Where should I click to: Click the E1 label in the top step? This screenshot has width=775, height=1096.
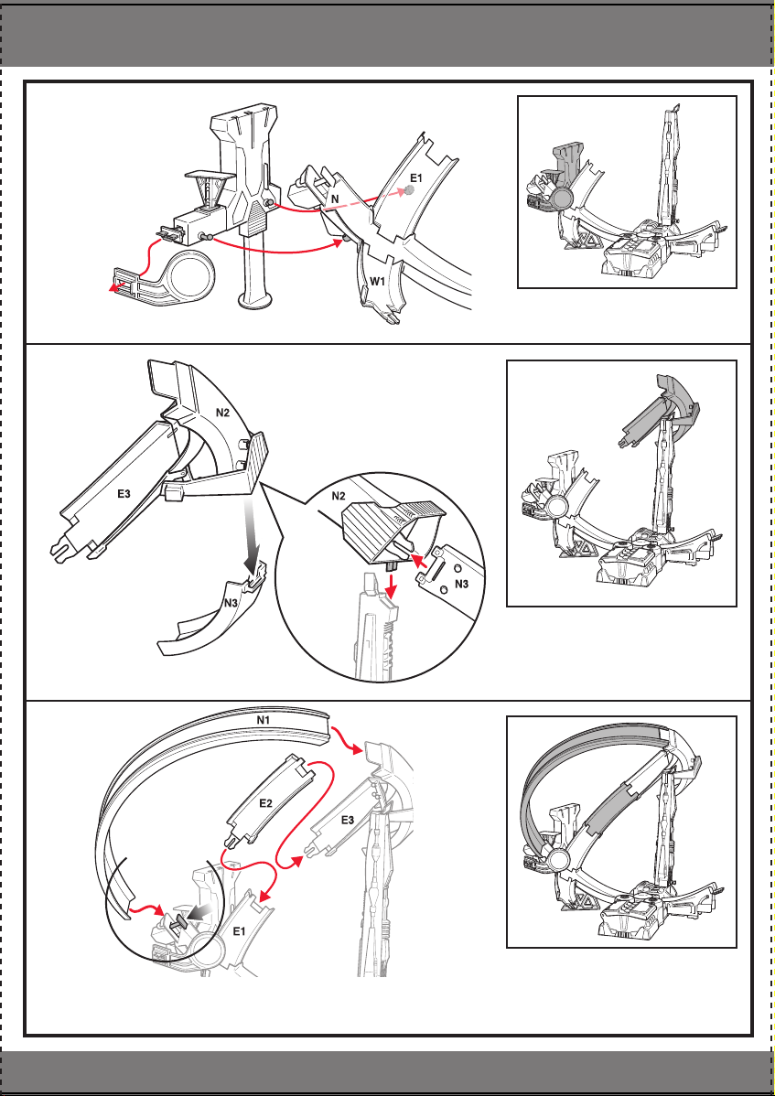pos(415,178)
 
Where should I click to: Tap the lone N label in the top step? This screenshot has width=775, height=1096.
pos(336,199)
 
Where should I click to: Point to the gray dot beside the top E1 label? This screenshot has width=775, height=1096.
pos(410,189)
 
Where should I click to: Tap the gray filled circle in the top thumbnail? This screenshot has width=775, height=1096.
pos(561,200)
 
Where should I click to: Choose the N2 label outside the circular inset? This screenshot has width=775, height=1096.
pos(222,412)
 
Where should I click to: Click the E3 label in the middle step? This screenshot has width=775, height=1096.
pos(124,494)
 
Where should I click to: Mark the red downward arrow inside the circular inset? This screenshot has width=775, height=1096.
pos(392,588)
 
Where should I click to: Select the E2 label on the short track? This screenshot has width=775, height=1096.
pos(265,803)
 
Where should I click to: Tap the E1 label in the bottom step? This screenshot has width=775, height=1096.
pos(239,931)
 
